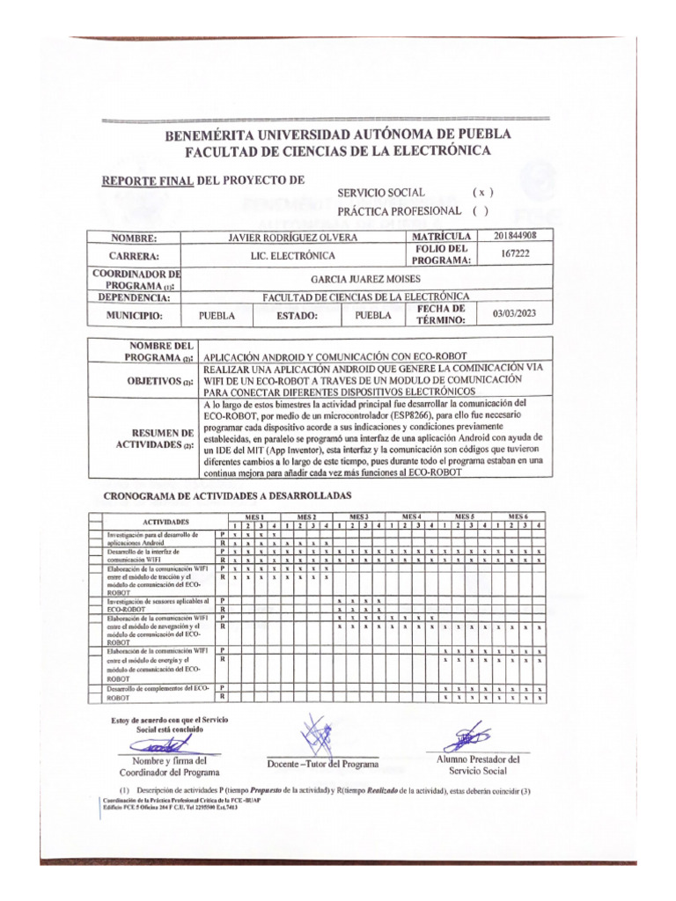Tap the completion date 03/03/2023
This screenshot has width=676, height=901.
(x=521, y=313)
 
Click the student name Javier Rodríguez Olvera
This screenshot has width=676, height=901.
(x=292, y=238)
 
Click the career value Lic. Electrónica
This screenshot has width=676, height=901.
(x=292, y=255)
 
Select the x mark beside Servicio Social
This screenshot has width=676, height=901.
(x=482, y=192)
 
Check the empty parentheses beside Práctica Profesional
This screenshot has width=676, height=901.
(x=480, y=210)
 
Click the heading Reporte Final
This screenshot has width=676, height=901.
(x=148, y=180)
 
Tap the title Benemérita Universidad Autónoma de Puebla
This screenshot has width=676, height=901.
(x=338, y=135)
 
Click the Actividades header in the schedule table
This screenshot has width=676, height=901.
(x=165, y=521)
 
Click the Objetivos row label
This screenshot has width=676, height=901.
(x=159, y=381)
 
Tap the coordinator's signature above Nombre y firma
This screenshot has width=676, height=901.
(x=165, y=745)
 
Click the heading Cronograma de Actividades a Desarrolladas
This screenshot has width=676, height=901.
(x=227, y=496)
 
